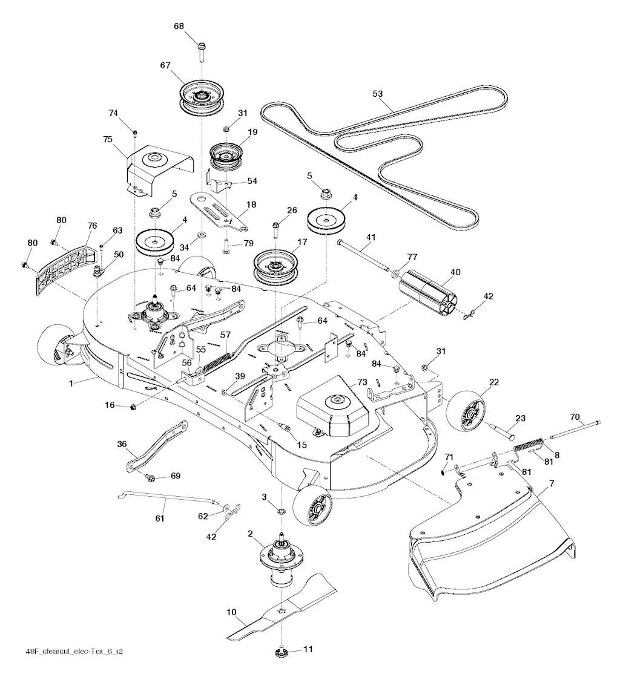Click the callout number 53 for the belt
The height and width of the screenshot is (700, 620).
click(x=378, y=94)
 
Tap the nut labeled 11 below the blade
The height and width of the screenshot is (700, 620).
click(x=283, y=651)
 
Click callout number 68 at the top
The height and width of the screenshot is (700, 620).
click(x=179, y=27)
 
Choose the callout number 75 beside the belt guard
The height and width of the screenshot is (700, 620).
click(x=108, y=139)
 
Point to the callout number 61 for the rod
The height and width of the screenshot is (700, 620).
click(x=160, y=518)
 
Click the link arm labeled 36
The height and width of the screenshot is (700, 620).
click(x=156, y=446)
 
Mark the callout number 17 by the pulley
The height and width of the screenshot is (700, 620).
click(x=302, y=241)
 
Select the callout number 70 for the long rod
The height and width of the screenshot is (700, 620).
click(x=575, y=416)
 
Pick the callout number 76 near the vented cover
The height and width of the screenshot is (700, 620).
click(x=92, y=226)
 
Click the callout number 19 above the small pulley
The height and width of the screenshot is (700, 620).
click(x=252, y=131)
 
